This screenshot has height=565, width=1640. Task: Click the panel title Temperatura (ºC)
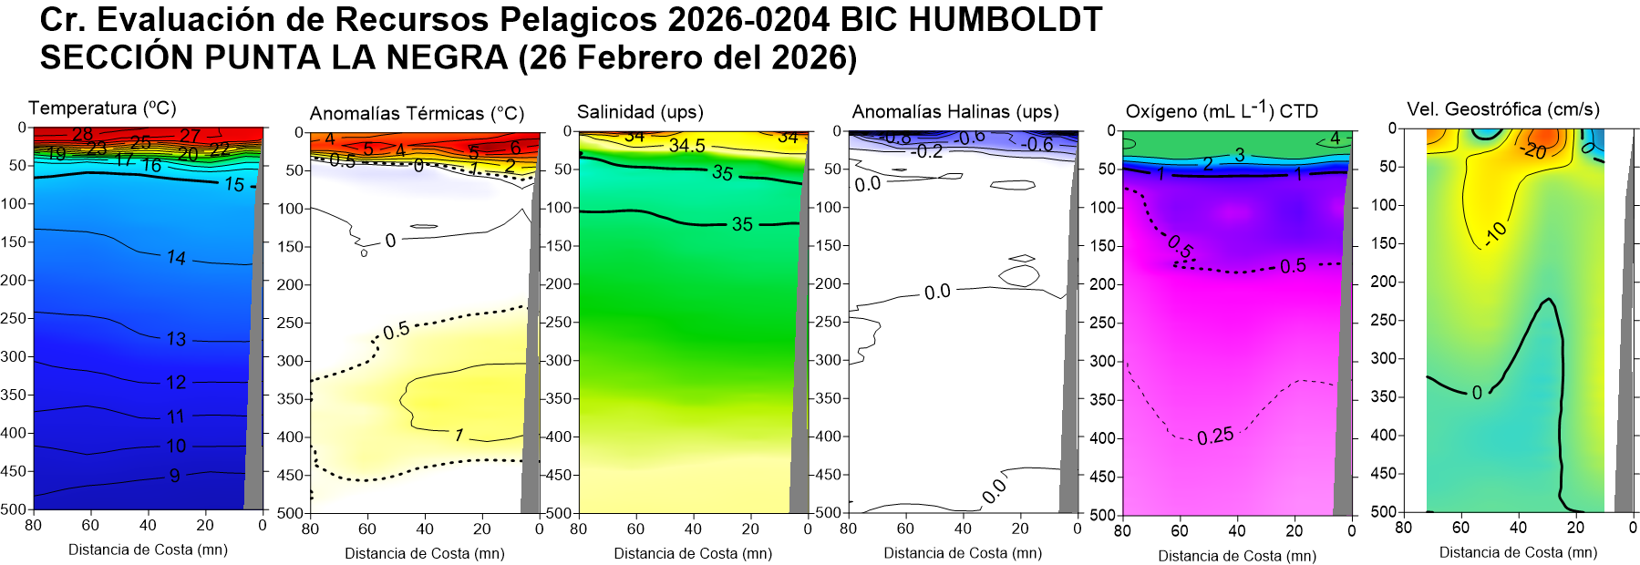click(x=102, y=108)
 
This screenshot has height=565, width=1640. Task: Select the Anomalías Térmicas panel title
click(x=417, y=113)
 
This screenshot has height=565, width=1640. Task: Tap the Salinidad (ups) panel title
click(x=640, y=112)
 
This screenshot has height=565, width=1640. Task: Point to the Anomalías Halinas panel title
click(x=954, y=112)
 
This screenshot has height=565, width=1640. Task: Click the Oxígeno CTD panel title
click(x=1222, y=111)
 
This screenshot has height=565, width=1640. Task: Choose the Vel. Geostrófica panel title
click(x=1502, y=109)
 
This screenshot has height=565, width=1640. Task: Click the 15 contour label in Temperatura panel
click(x=234, y=185)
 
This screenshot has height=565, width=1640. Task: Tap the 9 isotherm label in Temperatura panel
click(x=175, y=475)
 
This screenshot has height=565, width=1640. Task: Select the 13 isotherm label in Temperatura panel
click(x=176, y=339)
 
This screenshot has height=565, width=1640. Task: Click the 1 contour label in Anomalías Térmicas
click(x=459, y=436)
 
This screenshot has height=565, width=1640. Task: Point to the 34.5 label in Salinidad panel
click(x=686, y=146)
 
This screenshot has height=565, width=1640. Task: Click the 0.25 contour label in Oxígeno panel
click(x=1215, y=437)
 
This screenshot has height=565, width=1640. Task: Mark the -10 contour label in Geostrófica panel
click(x=1496, y=234)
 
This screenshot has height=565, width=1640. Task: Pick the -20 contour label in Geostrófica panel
click(x=1535, y=150)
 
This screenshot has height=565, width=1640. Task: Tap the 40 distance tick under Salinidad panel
click(x=693, y=529)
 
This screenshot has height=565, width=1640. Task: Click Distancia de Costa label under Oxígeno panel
click(x=1237, y=556)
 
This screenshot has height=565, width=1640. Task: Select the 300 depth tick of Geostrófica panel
click(x=1384, y=358)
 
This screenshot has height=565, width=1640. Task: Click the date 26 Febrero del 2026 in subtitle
click(x=688, y=58)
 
